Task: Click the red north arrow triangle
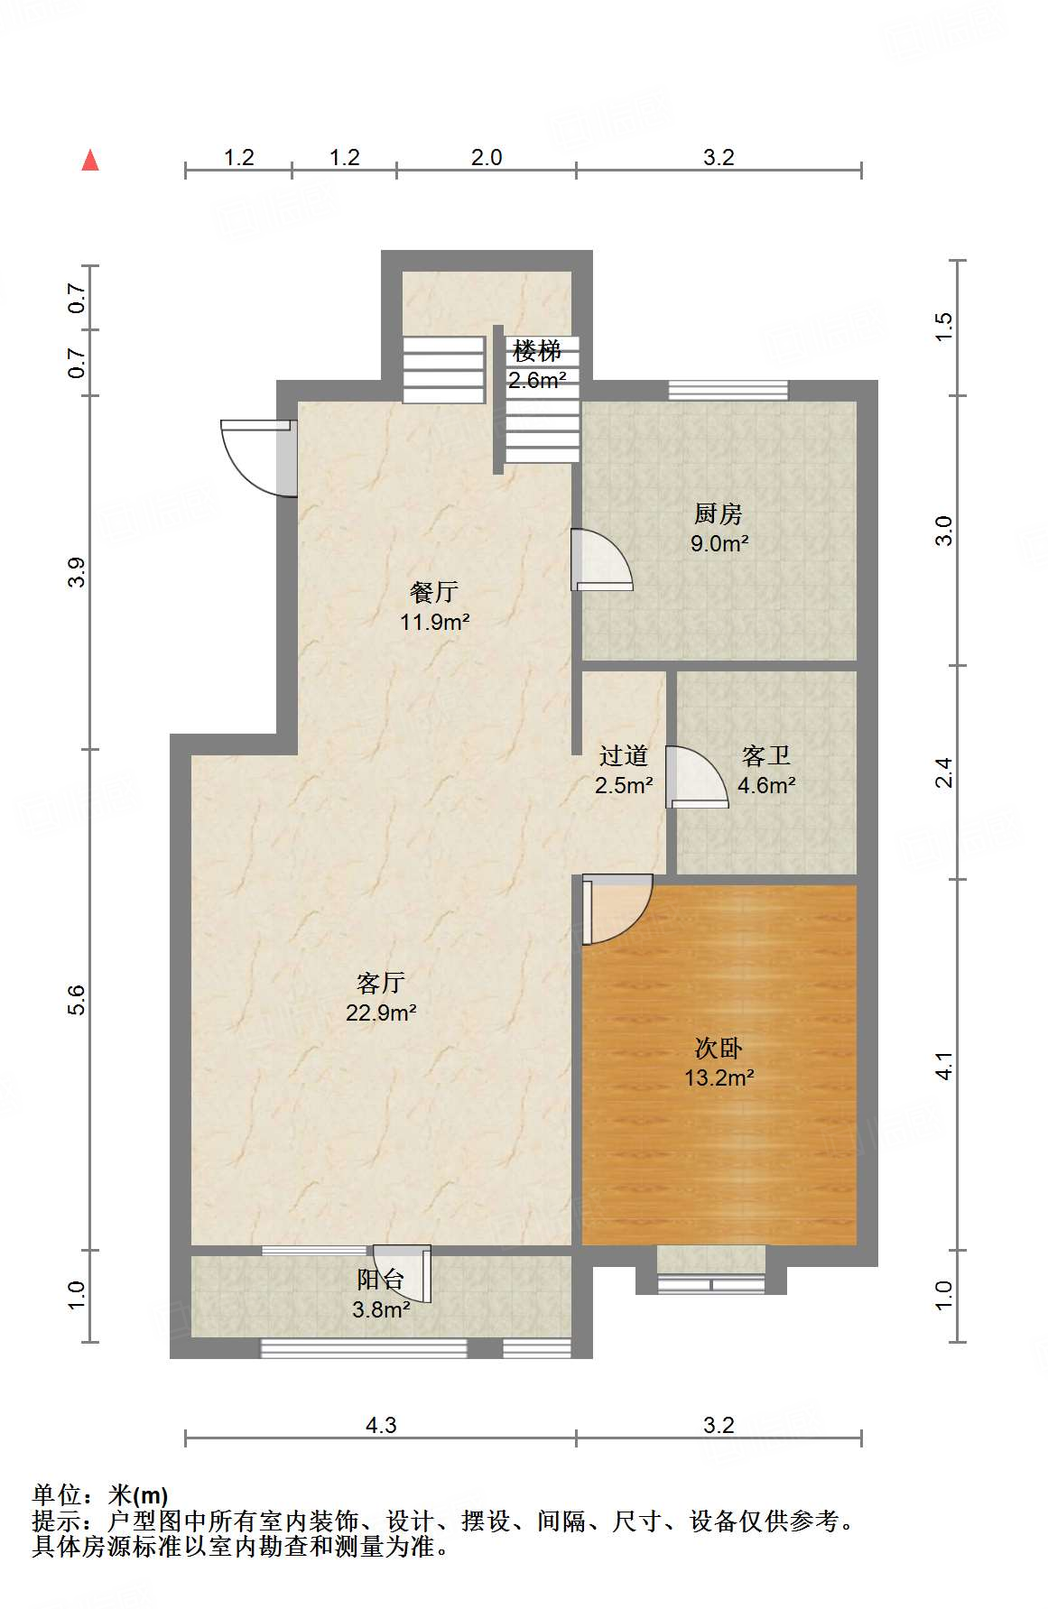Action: coord(90,161)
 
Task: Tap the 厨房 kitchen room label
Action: coord(719,514)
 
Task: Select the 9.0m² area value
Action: coord(719,543)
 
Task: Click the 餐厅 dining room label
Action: coord(434,593)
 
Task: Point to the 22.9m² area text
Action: coord(380,1013)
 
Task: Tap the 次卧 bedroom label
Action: coord(719,1048)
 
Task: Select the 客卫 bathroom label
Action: coord(766,755)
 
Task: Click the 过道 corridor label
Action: coord(623,755)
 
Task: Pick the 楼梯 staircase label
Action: coord(537,351)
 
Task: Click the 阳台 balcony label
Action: coord(380,1280)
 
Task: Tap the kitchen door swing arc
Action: coord(602,559)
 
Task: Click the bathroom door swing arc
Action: coord(698,776)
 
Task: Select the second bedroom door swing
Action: coord(617,910)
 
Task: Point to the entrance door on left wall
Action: coord(259,458)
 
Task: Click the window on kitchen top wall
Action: coord(728,390)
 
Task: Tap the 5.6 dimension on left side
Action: coord(77,1000)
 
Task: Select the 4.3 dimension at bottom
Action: coord(380,1425)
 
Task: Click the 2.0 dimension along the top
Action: coord(486,157)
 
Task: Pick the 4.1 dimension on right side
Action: coord(944,1065)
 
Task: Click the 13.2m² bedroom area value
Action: coord(719,1077)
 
